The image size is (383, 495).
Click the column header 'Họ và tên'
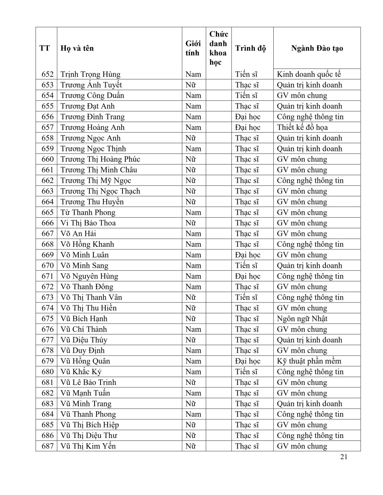(77, 48)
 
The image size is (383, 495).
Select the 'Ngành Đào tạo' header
(317, 48)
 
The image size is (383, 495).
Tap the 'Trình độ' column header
(250, 48)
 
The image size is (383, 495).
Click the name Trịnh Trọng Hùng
(90, 74)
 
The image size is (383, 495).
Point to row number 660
(47, 159)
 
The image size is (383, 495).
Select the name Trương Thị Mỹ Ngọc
(96, 181)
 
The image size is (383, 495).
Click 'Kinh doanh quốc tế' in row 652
(309, 74)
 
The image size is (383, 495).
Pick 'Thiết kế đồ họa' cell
(302, 127)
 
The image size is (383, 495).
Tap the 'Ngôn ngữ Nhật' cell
(302, 318)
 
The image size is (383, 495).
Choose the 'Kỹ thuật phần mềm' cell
(309, 361)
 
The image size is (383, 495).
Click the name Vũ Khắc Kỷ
(81, 371)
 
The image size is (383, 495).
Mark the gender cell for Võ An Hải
(193, 234)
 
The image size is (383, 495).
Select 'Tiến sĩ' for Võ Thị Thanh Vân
(246, 297)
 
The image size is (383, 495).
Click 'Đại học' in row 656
(247, 117)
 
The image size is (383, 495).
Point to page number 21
(344, 457)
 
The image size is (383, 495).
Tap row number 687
(47, 446)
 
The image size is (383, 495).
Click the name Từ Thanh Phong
(88, 212)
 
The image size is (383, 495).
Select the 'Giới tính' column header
(193, 48)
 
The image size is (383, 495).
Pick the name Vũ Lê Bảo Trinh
(88, 382)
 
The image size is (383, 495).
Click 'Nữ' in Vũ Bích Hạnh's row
(190, 318)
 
